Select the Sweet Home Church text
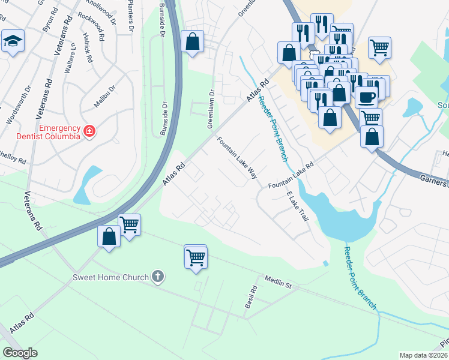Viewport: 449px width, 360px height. click(x=110, y=277)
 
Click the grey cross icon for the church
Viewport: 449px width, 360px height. click(x=158, y=277)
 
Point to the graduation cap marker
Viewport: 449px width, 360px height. click(x=12, y=41)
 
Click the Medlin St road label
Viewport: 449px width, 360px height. click(x=277, y=283)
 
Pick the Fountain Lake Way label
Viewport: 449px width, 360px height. click(x=237, y=158)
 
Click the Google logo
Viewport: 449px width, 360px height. click(x=20, y=353)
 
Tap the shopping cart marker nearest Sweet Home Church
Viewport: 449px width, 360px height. click(x=196, y=258)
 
